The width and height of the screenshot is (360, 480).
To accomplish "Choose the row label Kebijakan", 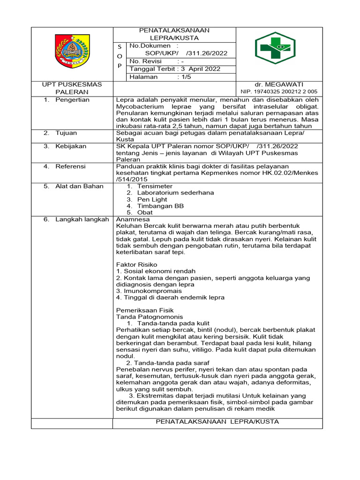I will [x=71, y=146].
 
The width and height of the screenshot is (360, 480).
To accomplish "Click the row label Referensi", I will [x=70, y=166].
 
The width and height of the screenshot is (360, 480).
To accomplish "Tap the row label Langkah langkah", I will [x=82, y=219].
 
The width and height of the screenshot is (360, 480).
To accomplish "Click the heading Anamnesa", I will [x=133, y=219].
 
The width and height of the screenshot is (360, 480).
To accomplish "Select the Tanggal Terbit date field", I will [x=174, y=69].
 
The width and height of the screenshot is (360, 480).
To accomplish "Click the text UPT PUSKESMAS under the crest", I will [x=72, y=84].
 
